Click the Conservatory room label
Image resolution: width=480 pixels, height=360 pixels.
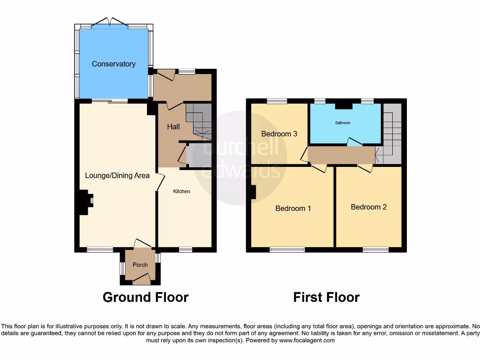tap(113, 64)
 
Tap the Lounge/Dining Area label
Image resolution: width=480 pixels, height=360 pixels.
tap(117, 175)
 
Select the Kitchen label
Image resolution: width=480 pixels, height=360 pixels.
tap(181, 191)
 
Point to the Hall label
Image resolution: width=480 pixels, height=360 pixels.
tap(173, 127)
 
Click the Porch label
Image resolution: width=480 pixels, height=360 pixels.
tap(140, 265)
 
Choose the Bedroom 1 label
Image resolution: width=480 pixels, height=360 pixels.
tap(293, 208)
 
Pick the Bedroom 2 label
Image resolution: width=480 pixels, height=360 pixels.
tap(368, 207)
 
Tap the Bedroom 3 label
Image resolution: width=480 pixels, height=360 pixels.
tap(279, 134)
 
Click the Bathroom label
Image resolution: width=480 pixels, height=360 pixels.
tap(342, 123)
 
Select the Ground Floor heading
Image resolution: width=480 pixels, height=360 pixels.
tap(145, 297)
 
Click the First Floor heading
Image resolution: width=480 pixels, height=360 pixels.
tap(326, 297)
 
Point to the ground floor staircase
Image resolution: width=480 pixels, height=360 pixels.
tap(199, 121)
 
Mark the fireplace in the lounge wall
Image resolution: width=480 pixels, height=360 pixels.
tap(84, 202)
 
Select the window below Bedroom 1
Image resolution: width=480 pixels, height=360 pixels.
tap(287, 250)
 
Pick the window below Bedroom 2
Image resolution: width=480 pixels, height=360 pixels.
tap(375, 250)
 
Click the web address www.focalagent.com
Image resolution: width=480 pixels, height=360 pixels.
tap(307, 340)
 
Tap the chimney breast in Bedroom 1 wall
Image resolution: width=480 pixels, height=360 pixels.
tap(253, 192)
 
